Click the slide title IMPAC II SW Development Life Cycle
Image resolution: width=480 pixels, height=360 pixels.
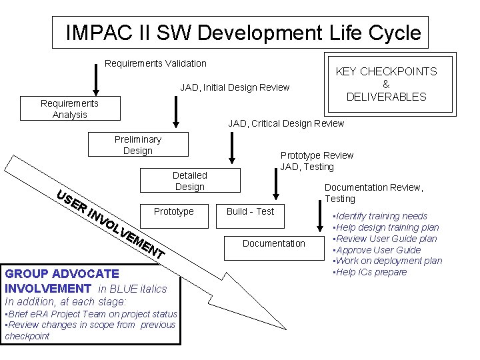[x=243, y=33]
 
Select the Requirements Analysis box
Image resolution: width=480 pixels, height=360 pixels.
[x=69, y=109]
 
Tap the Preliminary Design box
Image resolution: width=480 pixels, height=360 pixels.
[x=138, y=145]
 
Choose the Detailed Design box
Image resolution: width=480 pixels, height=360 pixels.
[x=190, y=181]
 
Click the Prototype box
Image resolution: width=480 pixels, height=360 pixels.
[x=173, y=211]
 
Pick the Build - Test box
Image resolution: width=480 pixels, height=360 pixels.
[x=250, y=211]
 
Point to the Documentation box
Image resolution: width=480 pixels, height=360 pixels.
[x=273, y=243]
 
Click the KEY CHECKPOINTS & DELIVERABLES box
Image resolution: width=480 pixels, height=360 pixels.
[x=386, y=84]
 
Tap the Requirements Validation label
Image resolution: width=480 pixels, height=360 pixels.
[x=156, y=63]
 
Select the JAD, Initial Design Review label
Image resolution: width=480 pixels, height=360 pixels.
[x=235, y=87]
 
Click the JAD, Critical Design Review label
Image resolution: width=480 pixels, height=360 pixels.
[x=286, y=123]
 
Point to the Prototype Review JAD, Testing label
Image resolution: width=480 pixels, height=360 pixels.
[x=317, y=161]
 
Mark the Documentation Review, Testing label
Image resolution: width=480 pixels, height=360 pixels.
[x=373, y=193]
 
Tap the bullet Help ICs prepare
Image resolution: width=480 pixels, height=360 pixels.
[x=371, y=272]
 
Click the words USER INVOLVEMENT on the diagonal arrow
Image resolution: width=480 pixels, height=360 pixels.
[x=110, y=224]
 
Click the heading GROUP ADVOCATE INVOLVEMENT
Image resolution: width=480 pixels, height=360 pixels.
[x=61, y=281]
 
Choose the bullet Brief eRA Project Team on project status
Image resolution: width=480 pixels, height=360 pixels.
[x=91, y=314]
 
